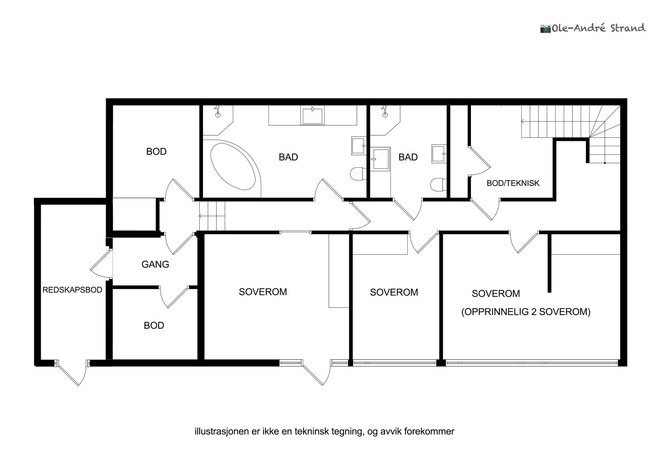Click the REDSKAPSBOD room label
coord(72,290)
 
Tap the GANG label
coord(155,264)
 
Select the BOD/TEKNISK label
coord(513,183)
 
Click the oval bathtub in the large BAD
coord(233,166)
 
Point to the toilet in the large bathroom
coord(358,174)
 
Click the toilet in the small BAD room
coord(438,184)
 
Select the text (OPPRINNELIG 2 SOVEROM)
coord(526,312)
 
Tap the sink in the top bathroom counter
coord(312,116)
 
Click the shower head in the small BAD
coord(384,111)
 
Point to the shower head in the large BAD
coord(218,111)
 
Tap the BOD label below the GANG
coord(153,326)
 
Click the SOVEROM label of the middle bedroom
coord(394,292)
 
